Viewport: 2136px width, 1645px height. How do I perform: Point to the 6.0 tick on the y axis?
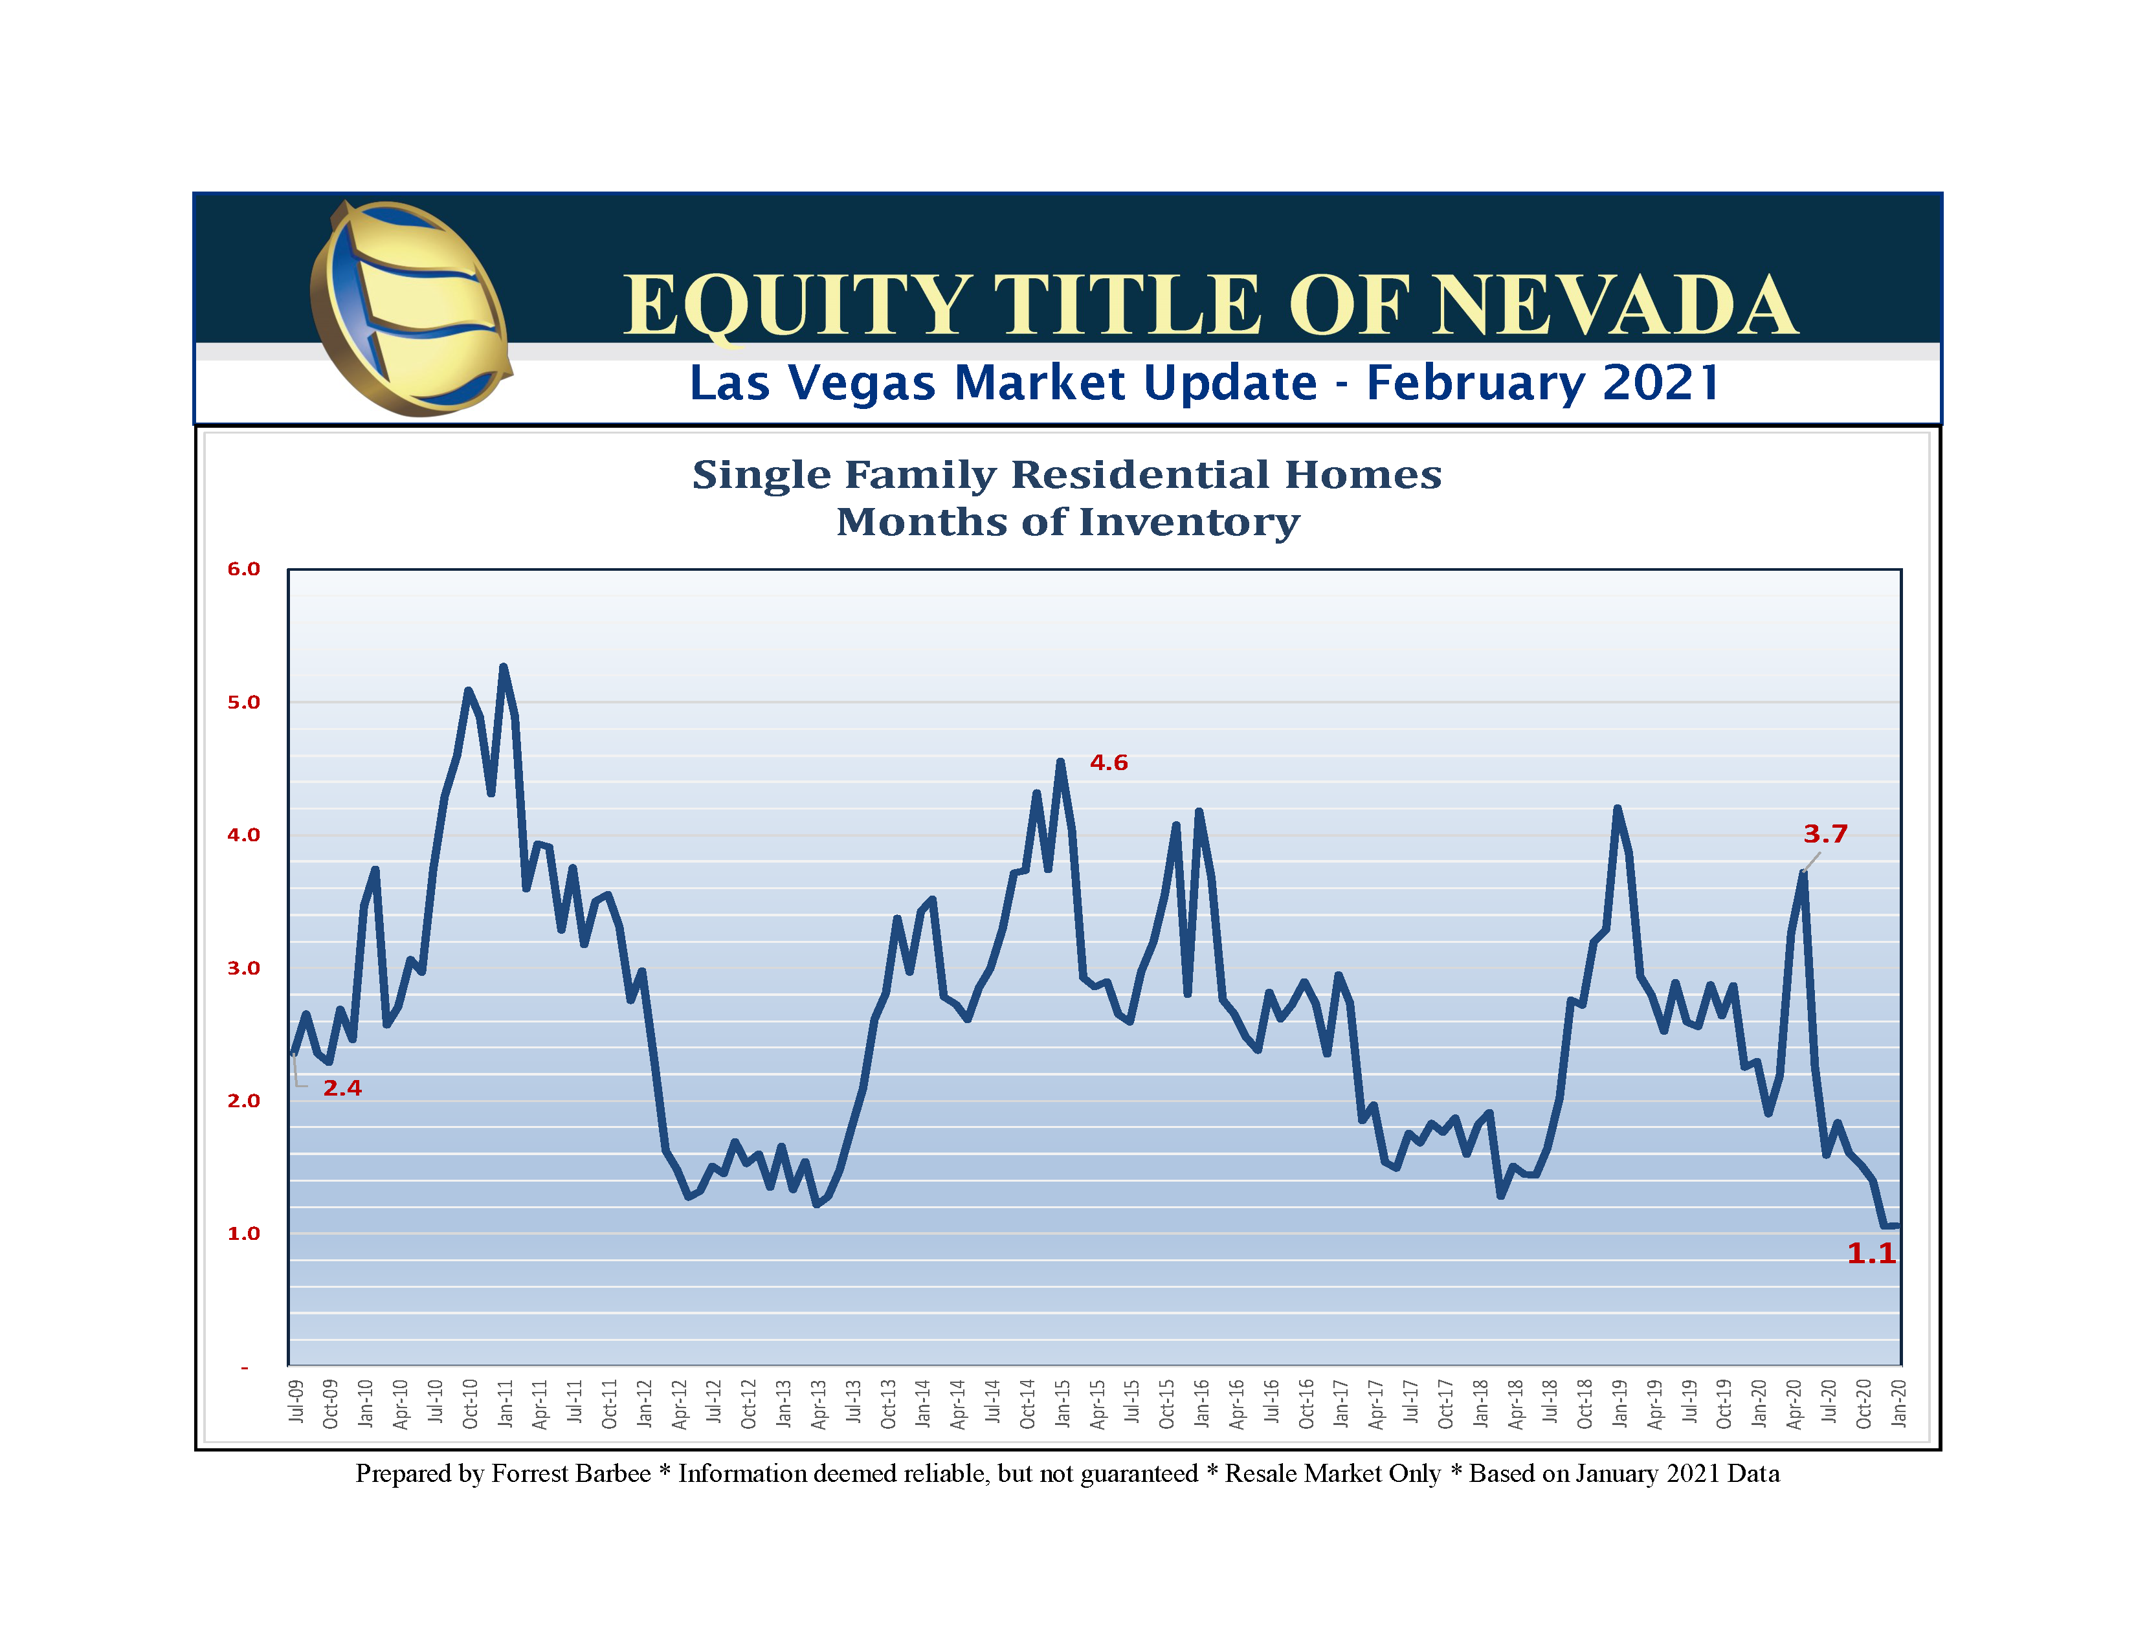tap(243, 569)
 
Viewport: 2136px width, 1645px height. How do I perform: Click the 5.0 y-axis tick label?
tap(243, 702)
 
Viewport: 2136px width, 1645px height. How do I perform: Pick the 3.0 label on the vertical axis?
tap(243, 968)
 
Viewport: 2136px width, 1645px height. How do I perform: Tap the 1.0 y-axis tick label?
tap(243, 1233)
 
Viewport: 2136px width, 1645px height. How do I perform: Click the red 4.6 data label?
tap(1108, 763)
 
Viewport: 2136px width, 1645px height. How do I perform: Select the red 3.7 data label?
tap(1825, 834)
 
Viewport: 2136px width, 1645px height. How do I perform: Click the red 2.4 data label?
tap(342, 1088)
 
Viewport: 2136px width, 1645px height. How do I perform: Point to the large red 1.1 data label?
tap(1870, 1253)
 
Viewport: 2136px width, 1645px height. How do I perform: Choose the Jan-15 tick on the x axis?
tap(1063, 1404)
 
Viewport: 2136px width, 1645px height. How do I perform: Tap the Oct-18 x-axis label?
tap(1585, 1404)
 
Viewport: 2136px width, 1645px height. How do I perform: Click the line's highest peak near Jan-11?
tap(503, 667)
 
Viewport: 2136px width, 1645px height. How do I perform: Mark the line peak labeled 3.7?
tap(1803, 872)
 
